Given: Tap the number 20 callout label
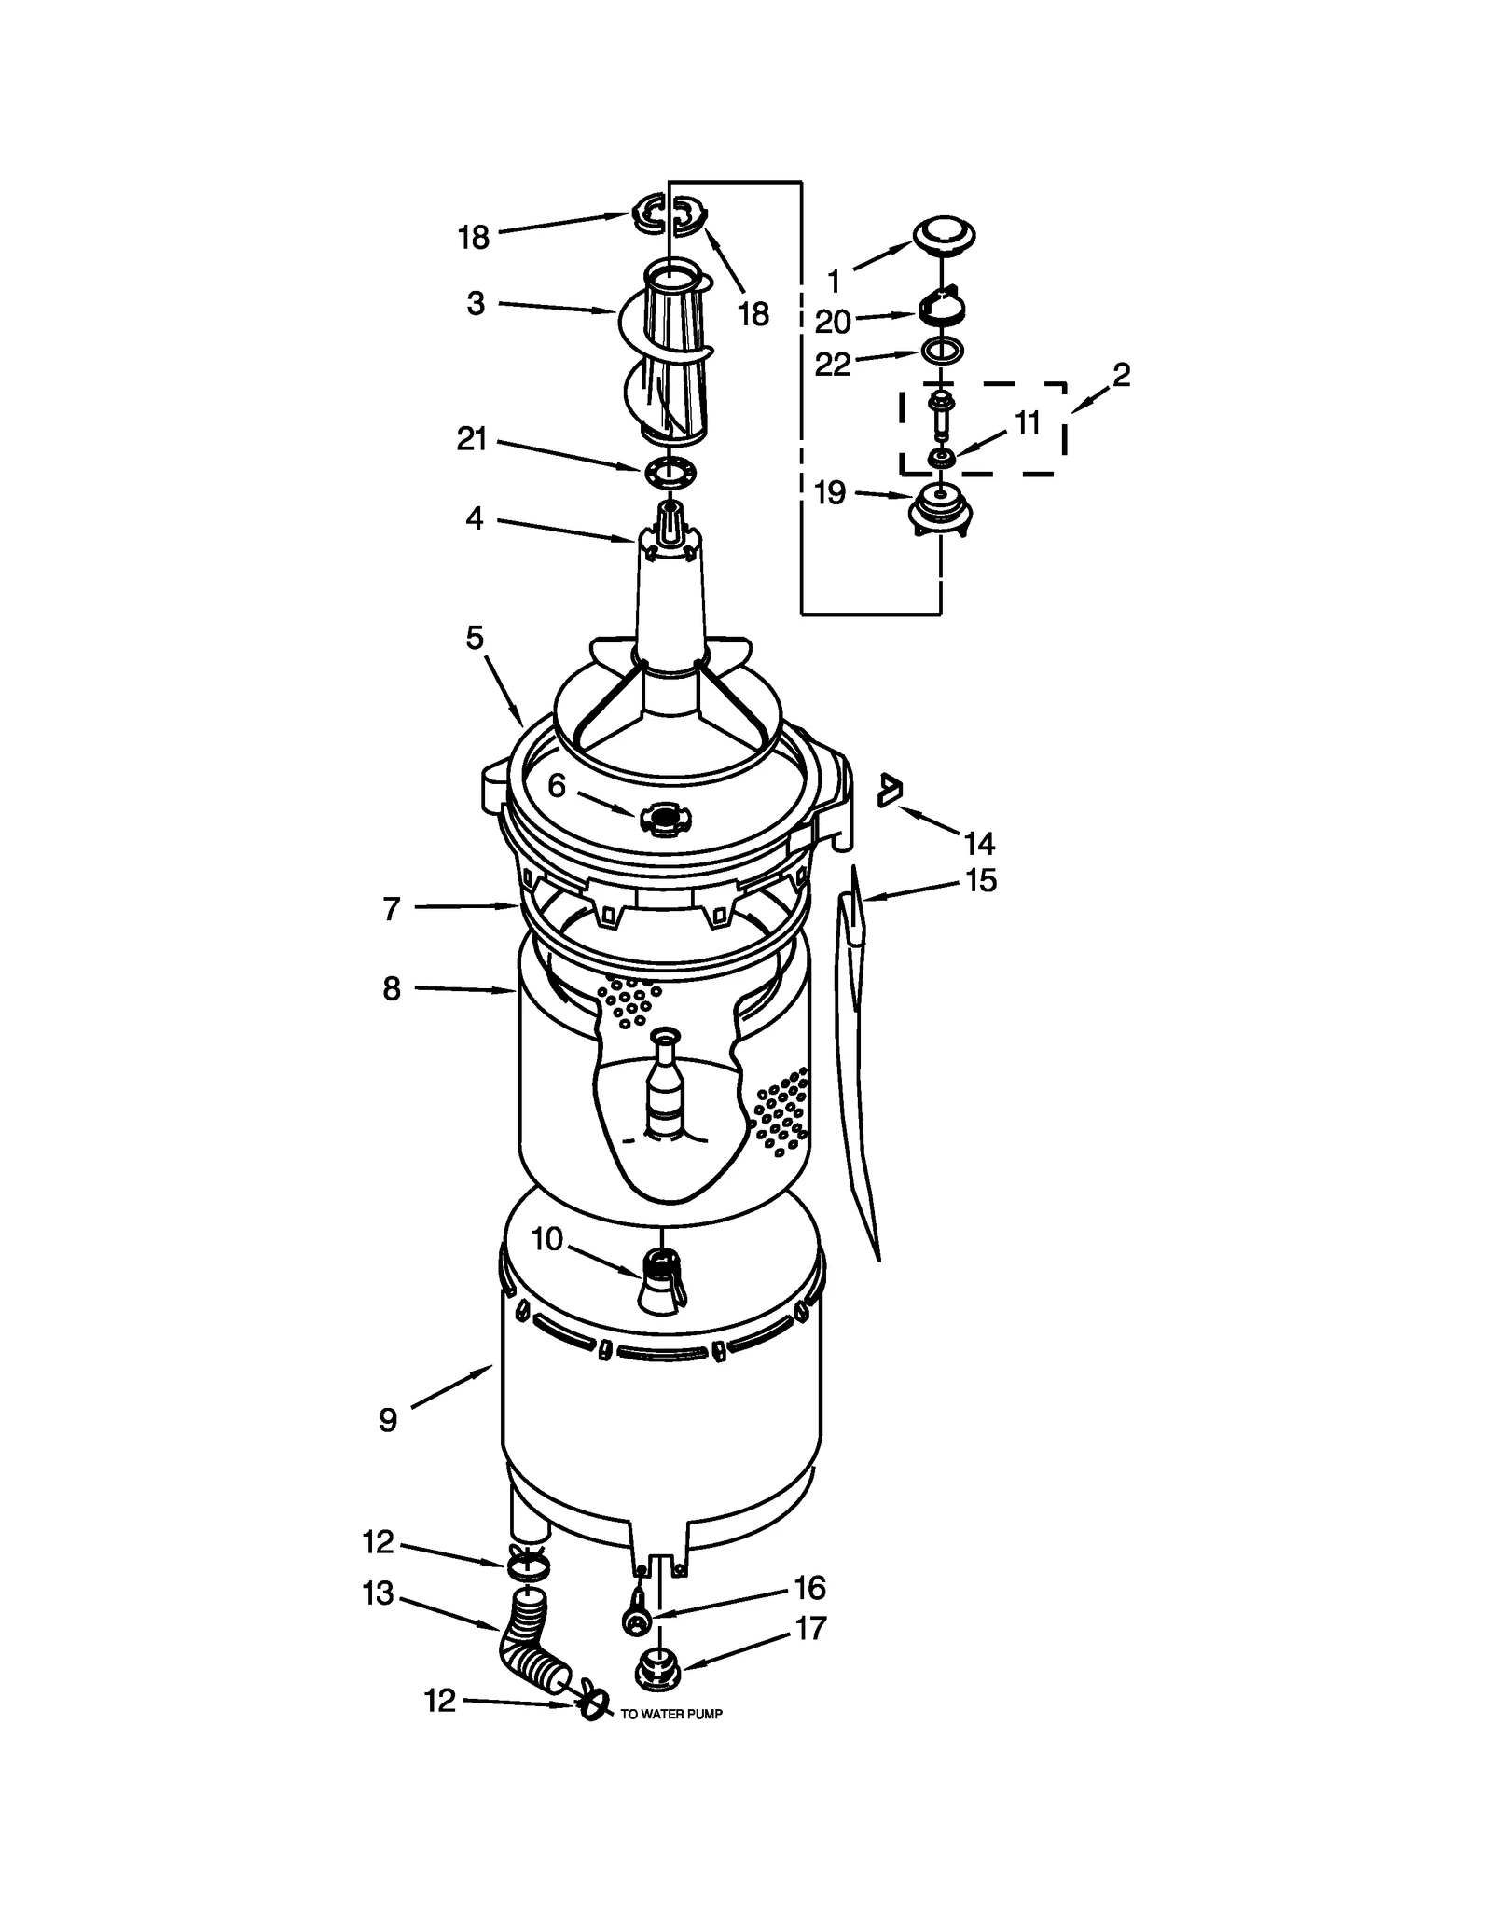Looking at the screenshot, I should pos(832,323).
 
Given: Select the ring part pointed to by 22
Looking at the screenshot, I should pos(941,352).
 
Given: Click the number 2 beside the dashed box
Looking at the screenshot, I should pos(1121,376).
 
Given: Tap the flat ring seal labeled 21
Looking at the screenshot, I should pos(670,472).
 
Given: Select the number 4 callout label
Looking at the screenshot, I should pos(475,518).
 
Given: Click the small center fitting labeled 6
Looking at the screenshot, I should pos(665,819).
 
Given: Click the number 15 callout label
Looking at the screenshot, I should pos(981,880).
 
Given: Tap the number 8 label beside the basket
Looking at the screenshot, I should pos(392,988).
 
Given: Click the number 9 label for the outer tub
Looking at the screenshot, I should pos(388,1420).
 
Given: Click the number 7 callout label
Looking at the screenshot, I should pos(392,908).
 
